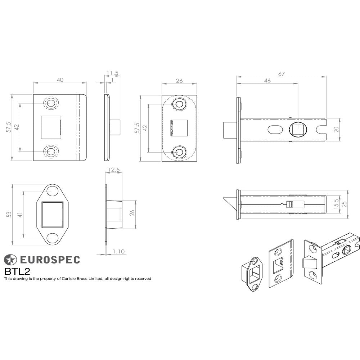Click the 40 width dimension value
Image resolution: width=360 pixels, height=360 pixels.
pos(60,80)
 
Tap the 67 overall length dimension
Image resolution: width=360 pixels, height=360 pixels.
pos(282,74)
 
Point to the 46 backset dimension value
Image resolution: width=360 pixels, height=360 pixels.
pos(267,81)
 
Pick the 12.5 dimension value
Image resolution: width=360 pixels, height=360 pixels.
pos(114,170)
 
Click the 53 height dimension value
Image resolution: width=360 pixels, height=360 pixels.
pos(9,214)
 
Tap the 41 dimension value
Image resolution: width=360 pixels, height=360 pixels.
pos(21,215)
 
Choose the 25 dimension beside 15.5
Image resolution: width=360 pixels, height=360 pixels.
pos(345,204)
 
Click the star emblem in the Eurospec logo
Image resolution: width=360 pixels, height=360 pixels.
pos(10,260)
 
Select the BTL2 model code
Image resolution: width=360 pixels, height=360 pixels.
pos(17,271)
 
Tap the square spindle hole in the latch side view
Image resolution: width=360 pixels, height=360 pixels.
pos(298,129)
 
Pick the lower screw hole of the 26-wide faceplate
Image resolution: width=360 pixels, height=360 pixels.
pos(179,152)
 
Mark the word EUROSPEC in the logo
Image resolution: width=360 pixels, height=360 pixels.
pos(49,260)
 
